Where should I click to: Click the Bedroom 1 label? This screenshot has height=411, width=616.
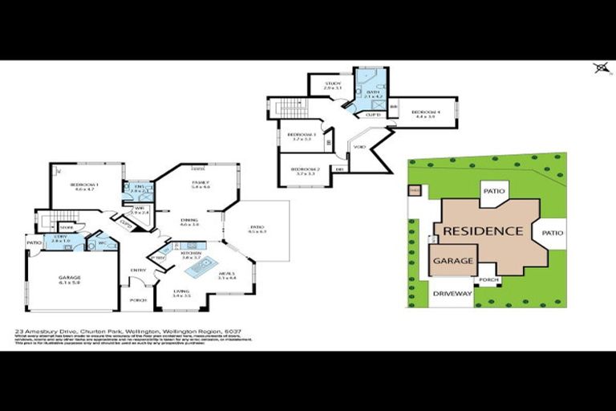click(x=84, y=186)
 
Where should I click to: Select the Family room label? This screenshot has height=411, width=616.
click(x=200, y=185)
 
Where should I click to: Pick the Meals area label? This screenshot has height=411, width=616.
click(x=226, y=276)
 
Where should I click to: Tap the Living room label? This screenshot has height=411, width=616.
click(x=181, y=294)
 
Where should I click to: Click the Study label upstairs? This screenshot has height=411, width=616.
click(x=333, y=86)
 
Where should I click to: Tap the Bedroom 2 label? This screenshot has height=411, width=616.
click(x=305, y=171)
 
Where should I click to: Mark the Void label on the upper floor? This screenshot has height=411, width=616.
click(x=359, y=147)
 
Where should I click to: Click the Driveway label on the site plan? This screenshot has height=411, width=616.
click(x=452, y=294)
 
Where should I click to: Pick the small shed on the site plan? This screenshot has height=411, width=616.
click(x=414, y=191)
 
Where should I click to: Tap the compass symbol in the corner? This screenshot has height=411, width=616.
click(x=601, y=68)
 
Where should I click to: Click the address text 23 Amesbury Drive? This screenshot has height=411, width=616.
click(x=48, y=329)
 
